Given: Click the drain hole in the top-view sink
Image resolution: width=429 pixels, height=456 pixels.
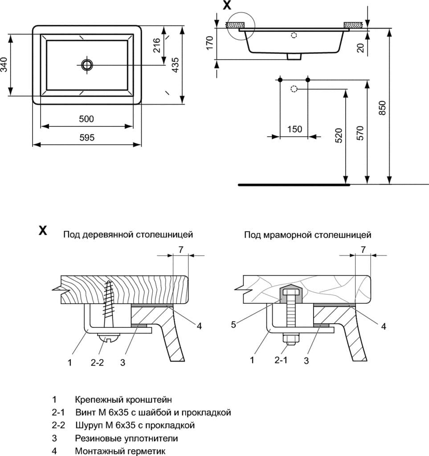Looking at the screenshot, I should (x=87, y=65).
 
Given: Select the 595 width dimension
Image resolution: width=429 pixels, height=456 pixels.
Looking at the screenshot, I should (x=87, y=138).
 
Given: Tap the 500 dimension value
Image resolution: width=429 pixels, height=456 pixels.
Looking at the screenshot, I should (x=87, y=119).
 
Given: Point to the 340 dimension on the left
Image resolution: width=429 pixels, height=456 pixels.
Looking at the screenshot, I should (x=5, y=65).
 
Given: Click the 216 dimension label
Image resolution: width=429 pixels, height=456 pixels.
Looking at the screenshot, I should (x=157, y=45).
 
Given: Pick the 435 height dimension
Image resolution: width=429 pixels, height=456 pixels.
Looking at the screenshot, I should (x=175, y=65).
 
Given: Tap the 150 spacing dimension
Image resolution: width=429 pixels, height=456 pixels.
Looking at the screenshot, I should (x=294, y=129).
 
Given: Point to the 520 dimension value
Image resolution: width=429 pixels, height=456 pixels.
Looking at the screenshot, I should (x=339, y=135).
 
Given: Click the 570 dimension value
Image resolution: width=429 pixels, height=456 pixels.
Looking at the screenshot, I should (x=360, y=133).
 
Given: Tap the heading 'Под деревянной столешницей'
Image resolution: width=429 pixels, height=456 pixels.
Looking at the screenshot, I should (x=128, y=234).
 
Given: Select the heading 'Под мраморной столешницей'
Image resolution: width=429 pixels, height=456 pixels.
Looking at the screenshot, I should (x=307, y=234).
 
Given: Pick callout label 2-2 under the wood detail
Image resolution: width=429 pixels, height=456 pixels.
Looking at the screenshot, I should (x=97, y=362).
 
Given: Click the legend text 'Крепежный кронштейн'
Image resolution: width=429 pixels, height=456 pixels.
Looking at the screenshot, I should (x=123, y=399).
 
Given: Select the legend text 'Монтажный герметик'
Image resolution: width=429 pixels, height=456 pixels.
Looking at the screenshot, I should (x=120, y=451).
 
